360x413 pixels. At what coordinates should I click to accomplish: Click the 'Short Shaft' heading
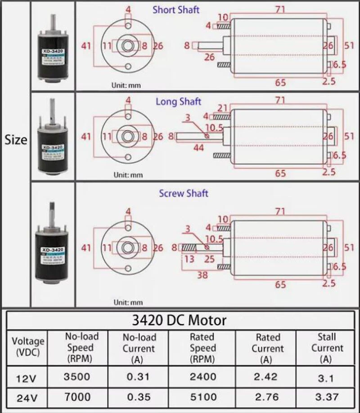[176, 9]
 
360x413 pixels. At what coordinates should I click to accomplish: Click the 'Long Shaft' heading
[178, 101]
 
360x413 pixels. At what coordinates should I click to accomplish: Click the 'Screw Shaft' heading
[184, 193]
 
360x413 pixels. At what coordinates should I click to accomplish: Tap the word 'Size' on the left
[16, 140]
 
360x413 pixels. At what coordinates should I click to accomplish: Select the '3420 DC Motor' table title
[179, 320]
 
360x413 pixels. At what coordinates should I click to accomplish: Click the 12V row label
[25, 378]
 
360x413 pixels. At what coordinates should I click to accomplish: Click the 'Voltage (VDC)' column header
[28, 346]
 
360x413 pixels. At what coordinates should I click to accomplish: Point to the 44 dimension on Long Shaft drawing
[198, 148]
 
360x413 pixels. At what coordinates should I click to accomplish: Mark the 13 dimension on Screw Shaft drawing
[189, 259]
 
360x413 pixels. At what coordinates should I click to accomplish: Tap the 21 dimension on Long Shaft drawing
[222, 108]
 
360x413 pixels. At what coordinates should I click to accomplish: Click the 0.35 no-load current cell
[139, 397]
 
